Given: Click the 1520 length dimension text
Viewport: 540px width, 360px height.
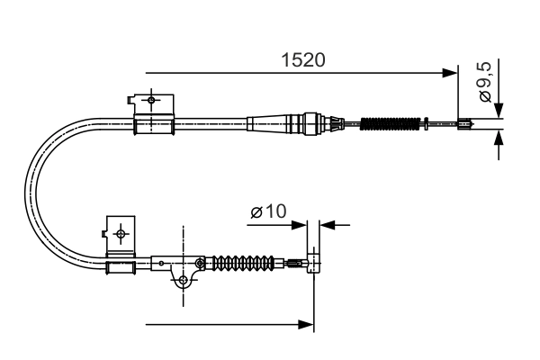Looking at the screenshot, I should coord(301,60).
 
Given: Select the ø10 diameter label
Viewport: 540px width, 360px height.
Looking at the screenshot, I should coord(267,212).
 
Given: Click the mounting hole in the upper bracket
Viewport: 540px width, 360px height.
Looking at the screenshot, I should coord(151,99).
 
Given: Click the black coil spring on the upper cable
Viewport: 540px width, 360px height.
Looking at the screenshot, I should coord(390,123).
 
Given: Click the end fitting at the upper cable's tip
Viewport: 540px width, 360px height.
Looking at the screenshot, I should coord(465,125).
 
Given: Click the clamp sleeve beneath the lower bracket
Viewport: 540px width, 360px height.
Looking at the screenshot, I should coord(122,267).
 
